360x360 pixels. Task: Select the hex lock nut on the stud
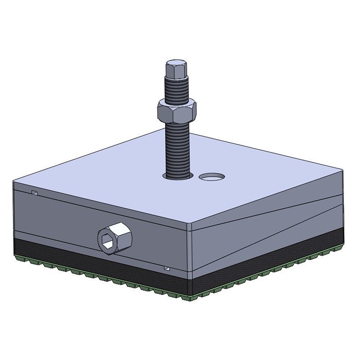point(177,111)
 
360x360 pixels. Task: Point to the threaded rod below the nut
point(178,148)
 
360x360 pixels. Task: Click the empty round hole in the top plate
point(211,177)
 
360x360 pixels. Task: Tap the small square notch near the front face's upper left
point(34,193)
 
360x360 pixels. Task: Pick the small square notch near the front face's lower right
point(167,268)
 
